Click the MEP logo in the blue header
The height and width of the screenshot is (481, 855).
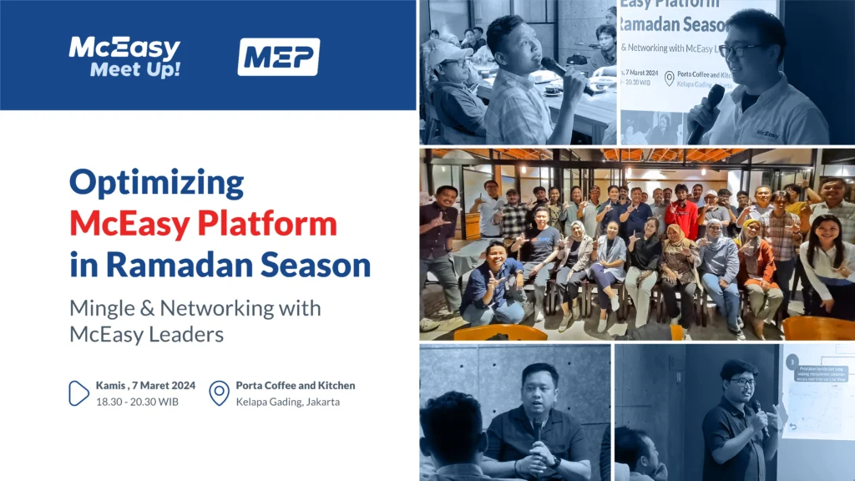tap(278, 57)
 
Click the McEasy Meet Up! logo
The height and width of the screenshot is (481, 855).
tap(124, 57)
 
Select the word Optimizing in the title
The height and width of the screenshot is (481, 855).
tap(156, 181)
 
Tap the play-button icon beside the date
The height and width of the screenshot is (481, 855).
tap(78, 392)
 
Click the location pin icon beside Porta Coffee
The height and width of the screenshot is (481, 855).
tap(219, 392)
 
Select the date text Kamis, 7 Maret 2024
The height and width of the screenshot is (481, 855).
tap(146, 385)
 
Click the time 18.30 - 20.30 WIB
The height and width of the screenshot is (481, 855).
tap(137, 402)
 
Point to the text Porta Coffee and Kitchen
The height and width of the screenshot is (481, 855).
tap(296, 385)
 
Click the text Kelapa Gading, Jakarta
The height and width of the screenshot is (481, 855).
tap(288, 402)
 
